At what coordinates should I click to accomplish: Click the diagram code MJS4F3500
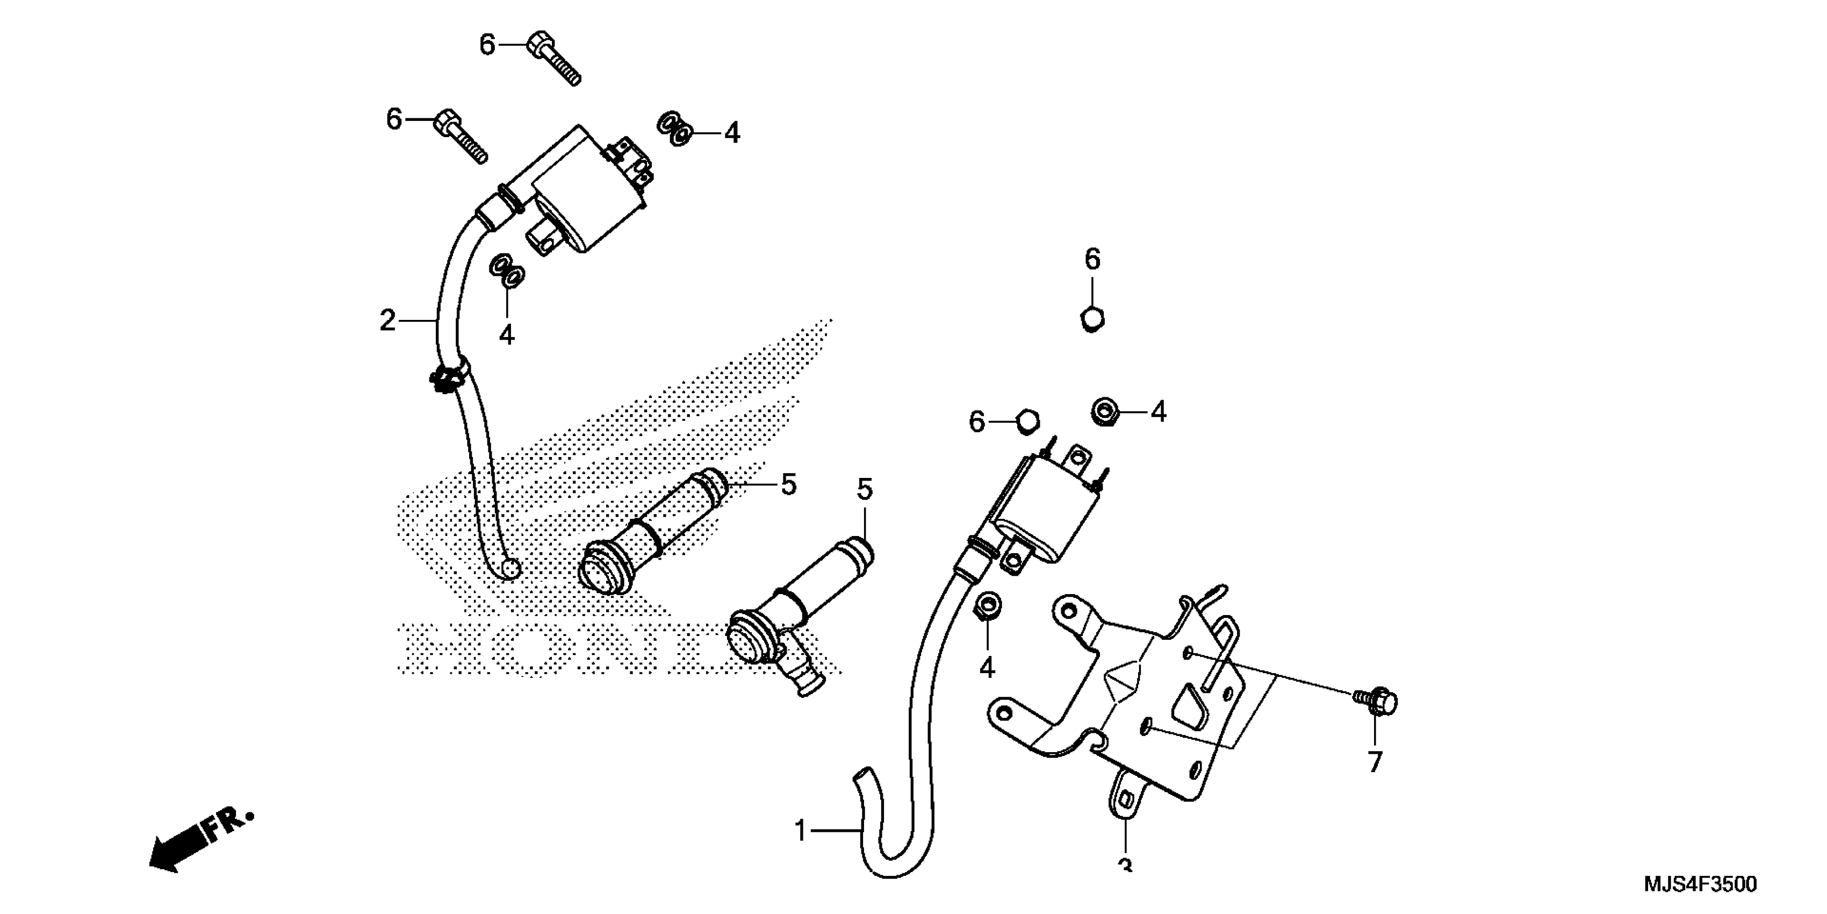[x=1701, y=884]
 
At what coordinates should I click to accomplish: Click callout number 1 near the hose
[x=801, y=830]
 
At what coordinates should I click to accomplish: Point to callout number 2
[x=387, y=321]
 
